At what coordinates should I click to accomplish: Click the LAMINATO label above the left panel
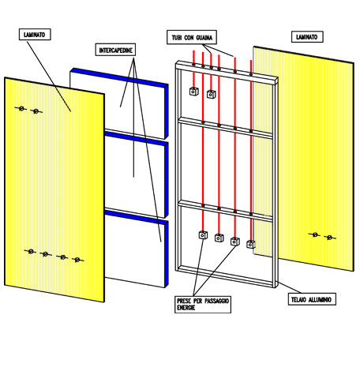coord(35,35)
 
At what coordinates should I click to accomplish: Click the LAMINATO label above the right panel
coord(307,37)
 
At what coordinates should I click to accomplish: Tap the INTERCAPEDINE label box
coord(115,50)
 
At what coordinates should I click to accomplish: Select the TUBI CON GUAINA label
coord(192,37)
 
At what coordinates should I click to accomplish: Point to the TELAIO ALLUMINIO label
coord(312,299)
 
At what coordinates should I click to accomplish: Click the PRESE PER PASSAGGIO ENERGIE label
coord(203,305)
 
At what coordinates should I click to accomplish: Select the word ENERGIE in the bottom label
coord(186,308)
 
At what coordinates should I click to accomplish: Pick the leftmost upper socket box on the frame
coord(194,92)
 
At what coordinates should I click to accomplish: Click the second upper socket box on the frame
coord(211,94)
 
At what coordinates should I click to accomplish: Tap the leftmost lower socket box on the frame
coord(203,235)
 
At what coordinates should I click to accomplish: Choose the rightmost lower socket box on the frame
coord(251,245)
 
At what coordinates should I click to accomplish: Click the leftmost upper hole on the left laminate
coord(21,108)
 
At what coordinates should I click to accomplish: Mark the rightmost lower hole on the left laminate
coord(77,260)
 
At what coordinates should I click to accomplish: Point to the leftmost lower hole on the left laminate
coord(30,252)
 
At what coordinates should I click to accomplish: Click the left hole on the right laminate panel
coord(314,234)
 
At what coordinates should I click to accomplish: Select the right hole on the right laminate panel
coord(330,238)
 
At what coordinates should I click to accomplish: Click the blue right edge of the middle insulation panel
coord(167,180)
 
